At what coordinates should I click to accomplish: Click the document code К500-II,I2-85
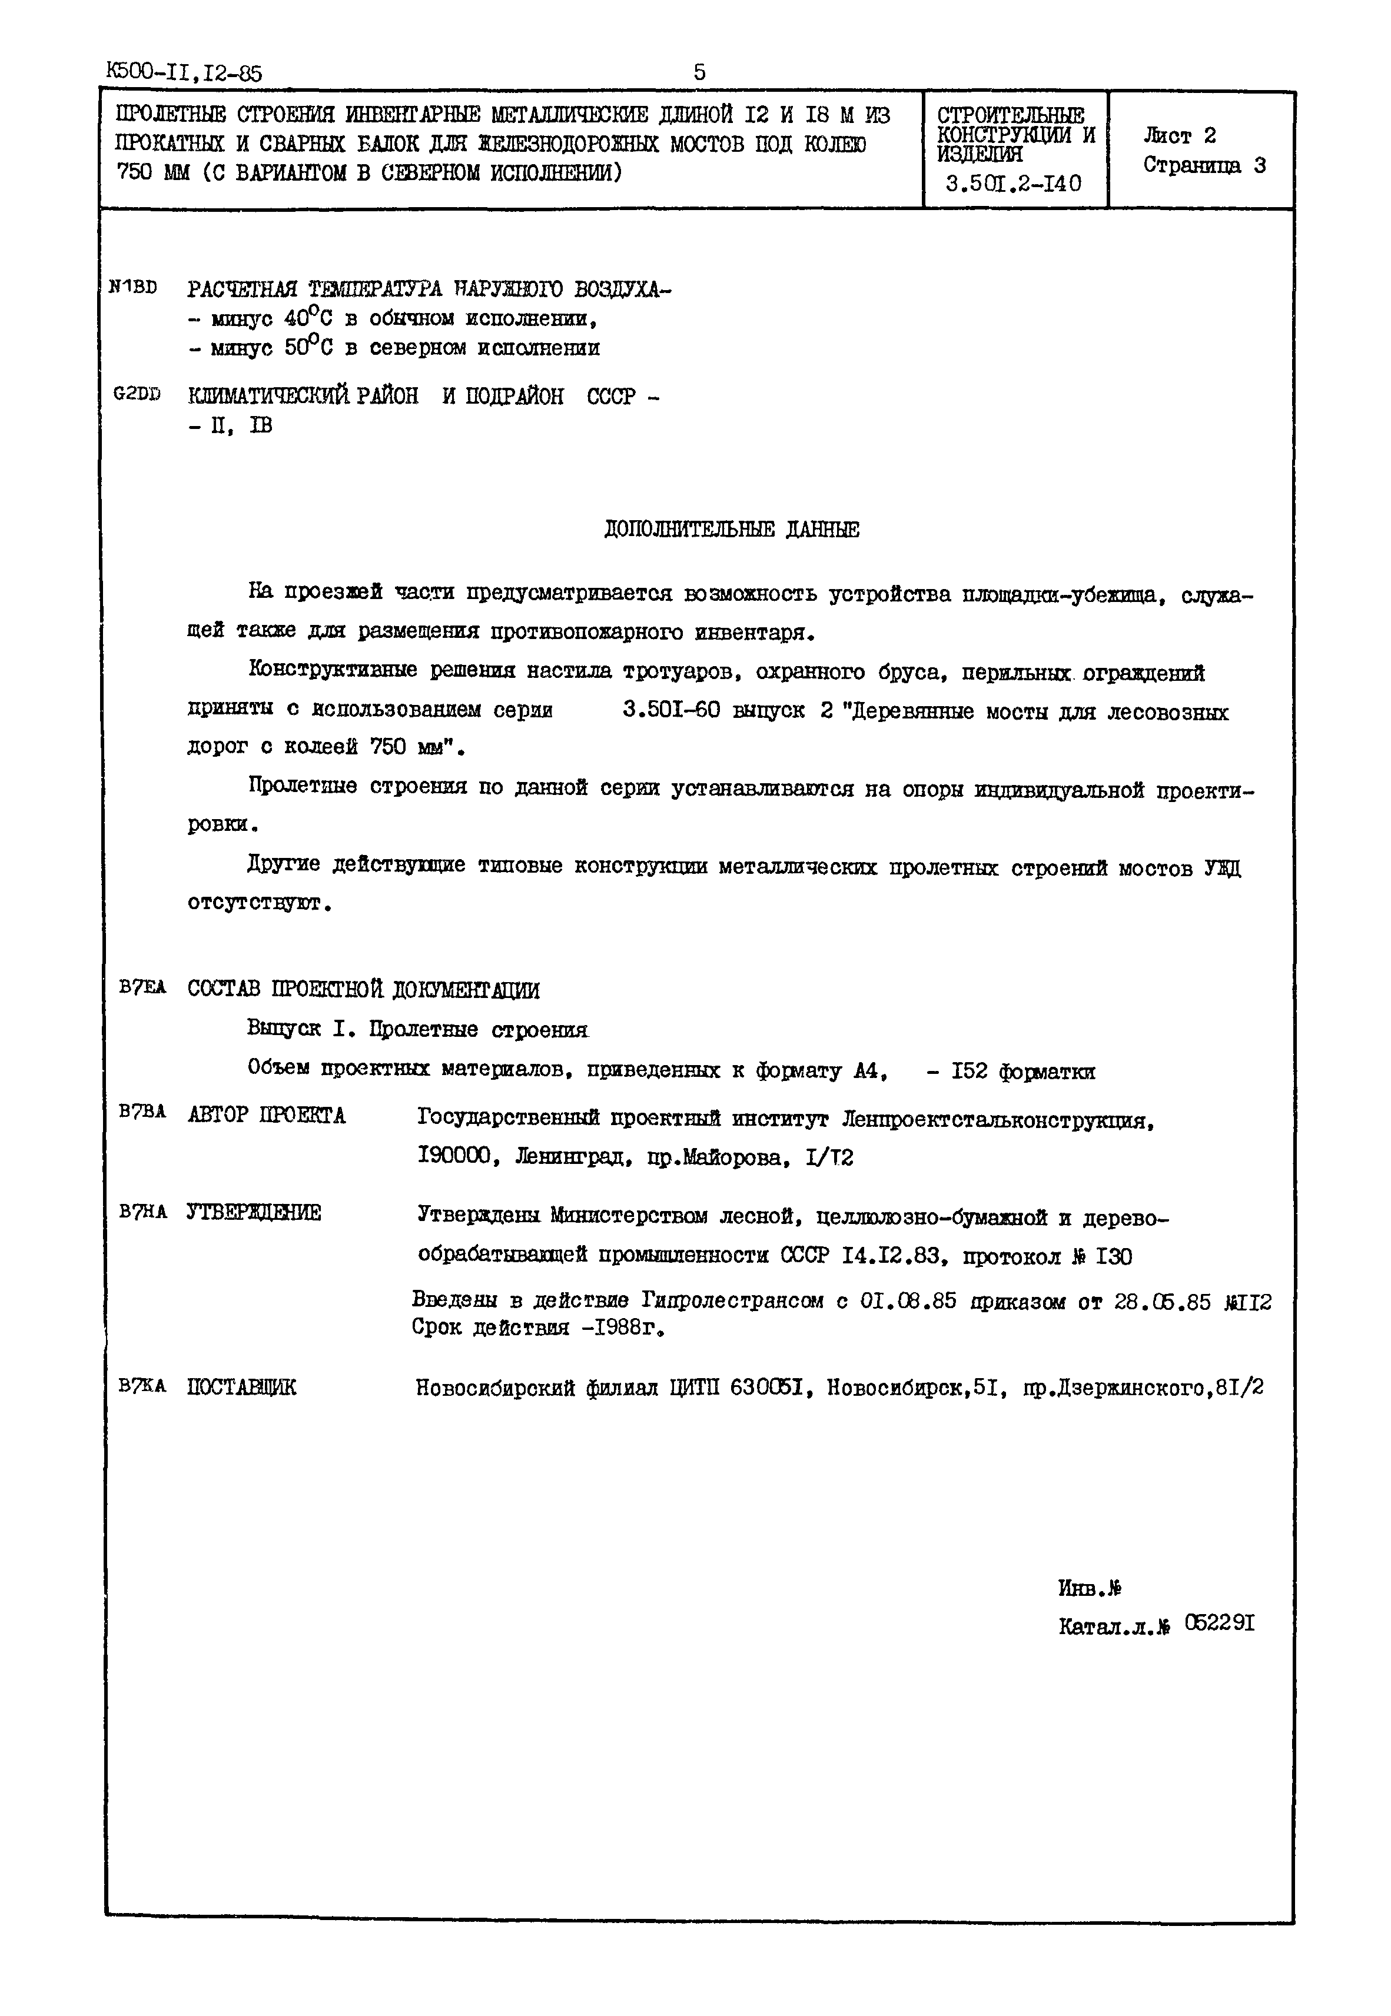coord(184,72)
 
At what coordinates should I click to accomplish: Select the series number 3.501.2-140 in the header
coord(1014,184)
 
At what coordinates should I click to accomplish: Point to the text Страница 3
coord(1204,165)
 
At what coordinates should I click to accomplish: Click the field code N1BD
coord(134,287)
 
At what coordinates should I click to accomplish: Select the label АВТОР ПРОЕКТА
coord(266,1116)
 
